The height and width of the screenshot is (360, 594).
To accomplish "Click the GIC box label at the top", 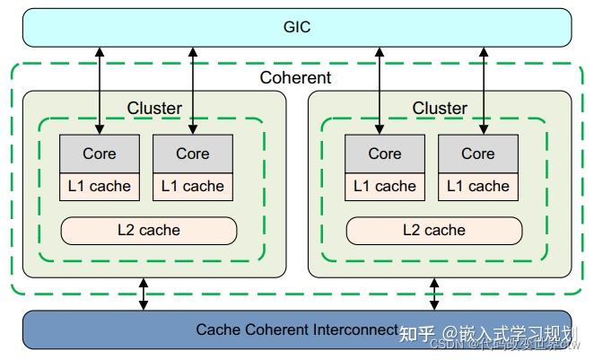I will (x=296, y=27).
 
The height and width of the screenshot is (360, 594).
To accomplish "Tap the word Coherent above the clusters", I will (x=295, y=78).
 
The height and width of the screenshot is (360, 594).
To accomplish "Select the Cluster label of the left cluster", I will (x=154, y=109).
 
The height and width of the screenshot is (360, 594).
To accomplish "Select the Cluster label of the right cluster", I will (x=440, y=109).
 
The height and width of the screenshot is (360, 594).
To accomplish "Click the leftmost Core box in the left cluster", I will (x=100, y=154).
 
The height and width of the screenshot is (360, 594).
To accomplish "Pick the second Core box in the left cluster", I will (x=193, y=154).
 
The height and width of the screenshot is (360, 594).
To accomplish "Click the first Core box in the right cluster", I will (x=385, y=154).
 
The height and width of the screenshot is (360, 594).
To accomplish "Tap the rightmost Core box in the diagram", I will (x=478, y=154).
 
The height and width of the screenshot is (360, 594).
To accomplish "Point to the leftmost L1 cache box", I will (x=100, y=187).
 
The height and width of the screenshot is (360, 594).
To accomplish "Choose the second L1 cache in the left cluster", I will (x=193, y=187).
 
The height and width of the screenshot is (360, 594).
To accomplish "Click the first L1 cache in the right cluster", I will (x=385, y=187).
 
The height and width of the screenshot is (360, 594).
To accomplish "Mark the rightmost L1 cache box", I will (x=478, y=187).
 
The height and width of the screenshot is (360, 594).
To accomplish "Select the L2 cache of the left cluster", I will (x=149, y=230).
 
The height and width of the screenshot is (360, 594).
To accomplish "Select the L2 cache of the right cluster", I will (x=434, y=230).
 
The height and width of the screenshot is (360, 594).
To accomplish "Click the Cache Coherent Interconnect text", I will (x=296, y=329).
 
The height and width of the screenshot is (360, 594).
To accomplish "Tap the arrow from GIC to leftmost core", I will (x=100, y=90).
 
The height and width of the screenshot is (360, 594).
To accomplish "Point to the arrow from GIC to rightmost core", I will (x=484, y=90).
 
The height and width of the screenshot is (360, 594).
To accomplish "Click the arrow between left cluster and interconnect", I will (x=144, y=294).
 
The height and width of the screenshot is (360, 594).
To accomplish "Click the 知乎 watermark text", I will (x=417, y=333).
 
